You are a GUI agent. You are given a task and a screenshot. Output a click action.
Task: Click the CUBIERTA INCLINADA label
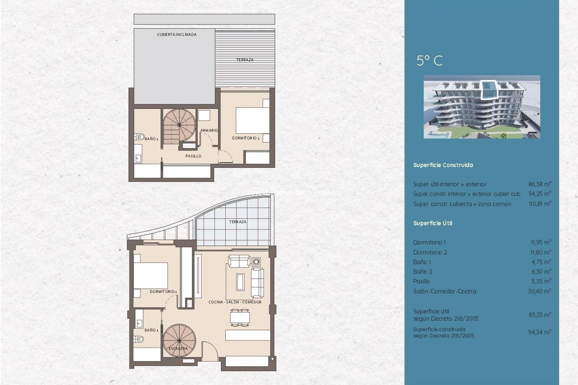click(x=177, y=35)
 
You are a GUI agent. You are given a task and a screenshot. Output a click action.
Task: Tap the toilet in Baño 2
click(x=140, y=137)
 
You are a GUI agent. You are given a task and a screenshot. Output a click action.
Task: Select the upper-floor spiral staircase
click(x=179, y=125)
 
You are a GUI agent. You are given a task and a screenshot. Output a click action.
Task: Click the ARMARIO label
click(x=209, y=130)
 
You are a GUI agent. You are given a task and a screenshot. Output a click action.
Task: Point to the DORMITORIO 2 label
click(x=246, y=138)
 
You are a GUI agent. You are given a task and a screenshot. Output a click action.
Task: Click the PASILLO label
click(x=193, y=156)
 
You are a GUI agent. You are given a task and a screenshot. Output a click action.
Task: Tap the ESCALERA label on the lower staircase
click(x=178, y=348)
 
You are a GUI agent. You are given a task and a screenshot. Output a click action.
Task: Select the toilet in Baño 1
click(x=139, y=339)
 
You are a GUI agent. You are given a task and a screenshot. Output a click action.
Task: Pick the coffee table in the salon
click(x=240, y=282)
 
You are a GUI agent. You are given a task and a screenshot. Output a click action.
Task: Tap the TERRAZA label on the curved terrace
click(x=238, y=222)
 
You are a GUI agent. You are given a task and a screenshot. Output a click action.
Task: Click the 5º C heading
click(x=430, y=61)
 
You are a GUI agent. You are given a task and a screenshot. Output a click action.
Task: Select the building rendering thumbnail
click(x=482, y=107)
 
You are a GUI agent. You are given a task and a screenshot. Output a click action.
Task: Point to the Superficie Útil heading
click(x=433, y=223)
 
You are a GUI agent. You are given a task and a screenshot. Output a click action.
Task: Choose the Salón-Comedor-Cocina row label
click(x=445, y=291)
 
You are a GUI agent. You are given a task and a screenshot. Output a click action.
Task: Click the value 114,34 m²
click(x=539, y=332)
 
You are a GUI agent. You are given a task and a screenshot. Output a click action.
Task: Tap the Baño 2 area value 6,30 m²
click(x=541, y=272)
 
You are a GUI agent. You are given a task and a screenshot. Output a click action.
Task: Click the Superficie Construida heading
click(x=443, y=165)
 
